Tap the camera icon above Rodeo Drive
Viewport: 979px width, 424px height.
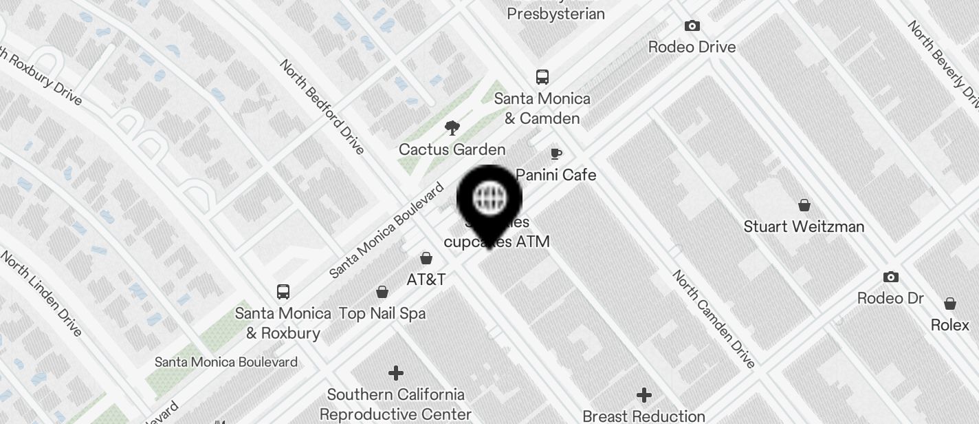[x=692, y=26]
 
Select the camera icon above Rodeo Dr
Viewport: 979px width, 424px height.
[x=890, y=277]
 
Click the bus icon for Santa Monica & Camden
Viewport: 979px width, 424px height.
[x=542, y=76]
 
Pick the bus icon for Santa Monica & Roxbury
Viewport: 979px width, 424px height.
[x=283, y=291]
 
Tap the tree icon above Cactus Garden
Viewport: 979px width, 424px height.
[x=452, y=127]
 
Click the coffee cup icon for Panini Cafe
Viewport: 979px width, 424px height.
[x=556, y=153]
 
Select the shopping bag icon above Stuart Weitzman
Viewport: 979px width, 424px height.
[x=804, y=205]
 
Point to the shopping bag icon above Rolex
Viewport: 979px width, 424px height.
[x=949, y=304]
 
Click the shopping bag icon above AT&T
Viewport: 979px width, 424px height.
[x=426, y=258]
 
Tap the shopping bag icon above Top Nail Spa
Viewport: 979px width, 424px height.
[x=382, y=292]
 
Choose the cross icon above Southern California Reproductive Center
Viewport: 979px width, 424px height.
[x=395, y=373]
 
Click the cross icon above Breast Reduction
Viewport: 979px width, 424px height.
[x=643, y=395]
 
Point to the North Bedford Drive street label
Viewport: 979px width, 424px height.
[x=322, y=106]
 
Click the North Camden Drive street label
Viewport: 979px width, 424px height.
[x=714, y=318]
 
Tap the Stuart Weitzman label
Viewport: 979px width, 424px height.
[x=804, y=226]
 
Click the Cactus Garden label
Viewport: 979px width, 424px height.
[x=452, y=149]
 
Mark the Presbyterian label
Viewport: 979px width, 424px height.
[x=555, y=14]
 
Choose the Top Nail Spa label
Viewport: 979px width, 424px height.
[x=382, y=313]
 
